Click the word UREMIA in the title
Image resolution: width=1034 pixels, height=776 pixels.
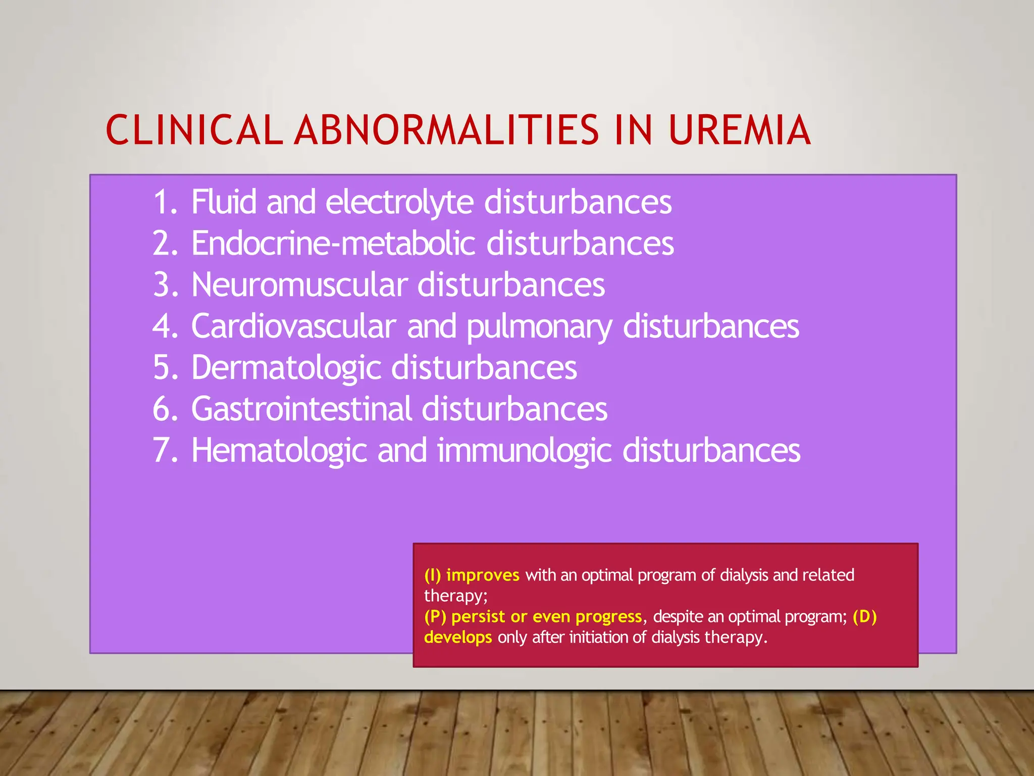[x=740, y=130]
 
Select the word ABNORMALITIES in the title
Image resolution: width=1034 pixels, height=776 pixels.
[x=446, y=130]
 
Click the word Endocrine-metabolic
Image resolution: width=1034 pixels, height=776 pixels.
[x=333, y=244]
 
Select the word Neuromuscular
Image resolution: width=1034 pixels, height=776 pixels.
[x=299, y=285]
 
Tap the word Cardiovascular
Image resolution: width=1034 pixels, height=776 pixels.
[x=293, y=326]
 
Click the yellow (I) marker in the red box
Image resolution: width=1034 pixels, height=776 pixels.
[x=433, y=575]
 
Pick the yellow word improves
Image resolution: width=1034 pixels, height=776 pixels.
[x=483, y=575]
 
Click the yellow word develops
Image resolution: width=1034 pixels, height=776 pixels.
[x=458, y=638]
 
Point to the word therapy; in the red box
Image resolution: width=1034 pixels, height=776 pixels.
[x=456, y=596]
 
